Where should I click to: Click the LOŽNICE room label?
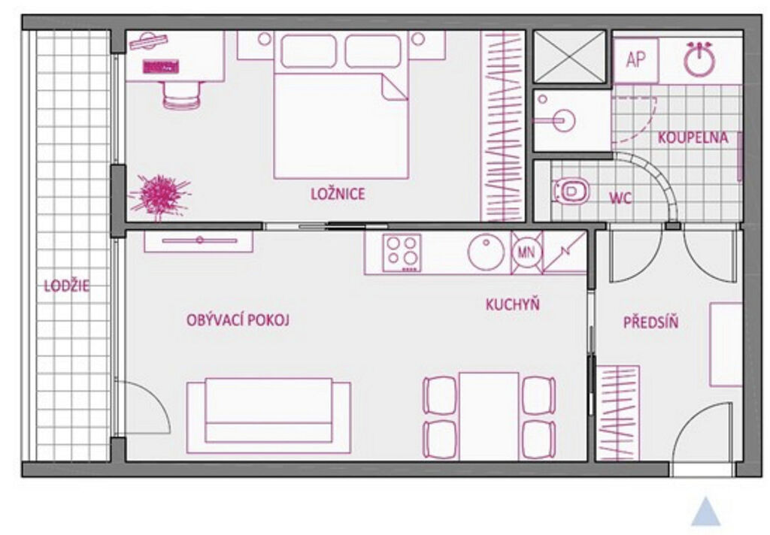[338, 193]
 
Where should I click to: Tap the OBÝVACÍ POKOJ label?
[238, 320]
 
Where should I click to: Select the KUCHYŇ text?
[513, 304]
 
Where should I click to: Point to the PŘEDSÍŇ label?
[650, 322]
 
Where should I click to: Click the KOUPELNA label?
[693, 138]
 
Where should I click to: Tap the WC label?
[620, 198]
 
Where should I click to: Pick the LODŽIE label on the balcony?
[67, 286]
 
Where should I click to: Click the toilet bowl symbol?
[571, 191]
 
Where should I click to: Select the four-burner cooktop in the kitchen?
[402, 252]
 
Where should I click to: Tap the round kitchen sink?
[486, 252]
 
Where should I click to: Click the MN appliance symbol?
[526, 252]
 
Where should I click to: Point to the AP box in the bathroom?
[635, 60]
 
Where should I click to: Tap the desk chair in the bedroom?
[182, 94]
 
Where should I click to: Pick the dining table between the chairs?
[489, 416]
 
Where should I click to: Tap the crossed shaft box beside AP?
[570, 56]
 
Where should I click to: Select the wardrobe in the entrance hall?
[617, 413]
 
